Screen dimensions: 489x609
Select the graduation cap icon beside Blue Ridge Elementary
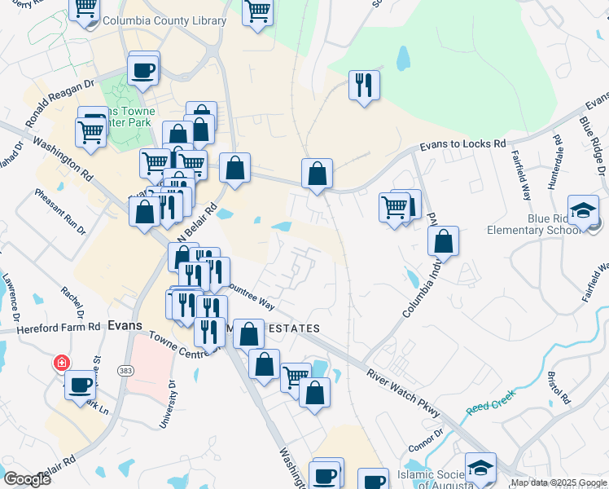click(584, 211)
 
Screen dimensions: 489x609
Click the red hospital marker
click(61, 362)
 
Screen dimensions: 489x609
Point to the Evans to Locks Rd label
click(462, 144)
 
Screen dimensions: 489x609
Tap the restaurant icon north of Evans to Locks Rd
click(363, 84)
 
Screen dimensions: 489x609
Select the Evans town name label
click(125, 324)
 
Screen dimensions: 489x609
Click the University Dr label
click(168, 403)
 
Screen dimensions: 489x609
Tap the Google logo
click(27, 478)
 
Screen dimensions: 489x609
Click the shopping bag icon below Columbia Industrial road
click(443, 241)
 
